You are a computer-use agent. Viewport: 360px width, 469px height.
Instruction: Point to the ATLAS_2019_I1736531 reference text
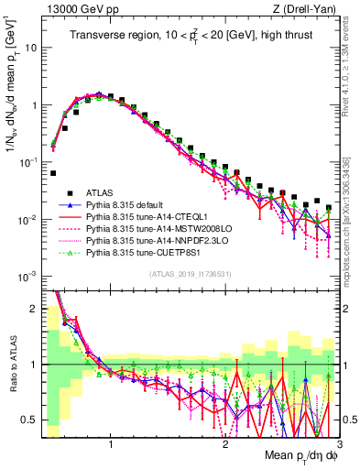(x=189, y=274)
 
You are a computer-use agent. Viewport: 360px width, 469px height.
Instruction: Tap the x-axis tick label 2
(x=225, y=446)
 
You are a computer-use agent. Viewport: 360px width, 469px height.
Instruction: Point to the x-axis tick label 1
(x=111, y=446)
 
